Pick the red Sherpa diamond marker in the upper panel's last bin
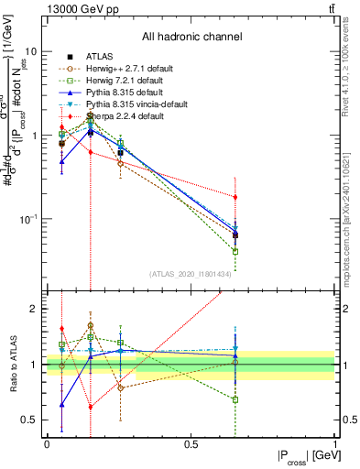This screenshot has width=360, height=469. pyautogui.click(x=235, y=197)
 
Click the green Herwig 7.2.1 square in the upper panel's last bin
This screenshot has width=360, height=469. pyautogui.click(x=235, y=251)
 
